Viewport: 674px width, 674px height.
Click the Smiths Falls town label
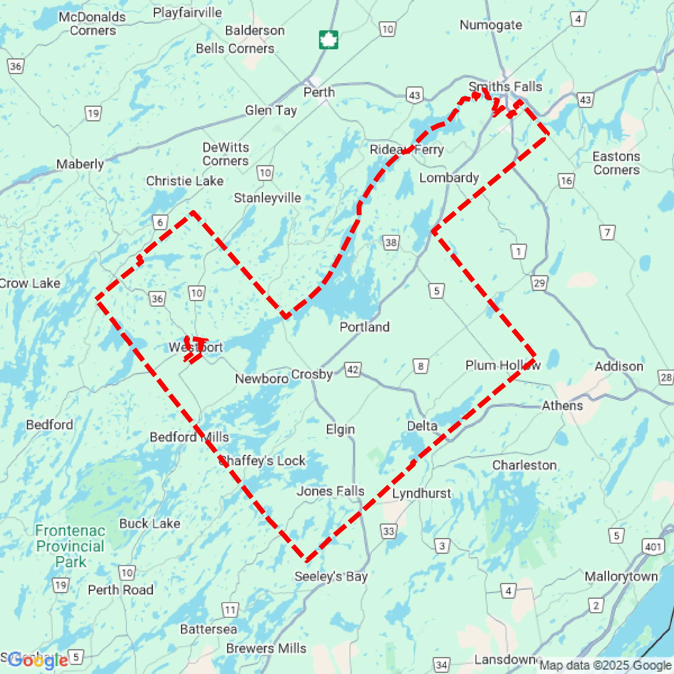coord(505,87)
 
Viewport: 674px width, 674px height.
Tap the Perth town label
coord(319,92)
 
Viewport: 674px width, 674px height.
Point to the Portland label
coord(364,327)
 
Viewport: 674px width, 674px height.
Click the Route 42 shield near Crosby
coord(353,369)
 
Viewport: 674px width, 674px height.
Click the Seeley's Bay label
coord(331,576)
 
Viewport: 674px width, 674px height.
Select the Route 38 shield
coord(391,242)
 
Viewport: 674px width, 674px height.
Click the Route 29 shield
coord(539,283)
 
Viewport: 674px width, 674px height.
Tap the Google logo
coord(38,660)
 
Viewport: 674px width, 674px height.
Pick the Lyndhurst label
coord(421,493)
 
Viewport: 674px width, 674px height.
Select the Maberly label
coord(80,164)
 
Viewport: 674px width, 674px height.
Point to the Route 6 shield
coord(160,223)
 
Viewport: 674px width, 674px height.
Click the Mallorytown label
coord(621,576)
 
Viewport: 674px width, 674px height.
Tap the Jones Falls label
coord(330,491)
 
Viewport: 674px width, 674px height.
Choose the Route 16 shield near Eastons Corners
coord(566,181)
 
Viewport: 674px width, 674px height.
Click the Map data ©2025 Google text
coord(606,665)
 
